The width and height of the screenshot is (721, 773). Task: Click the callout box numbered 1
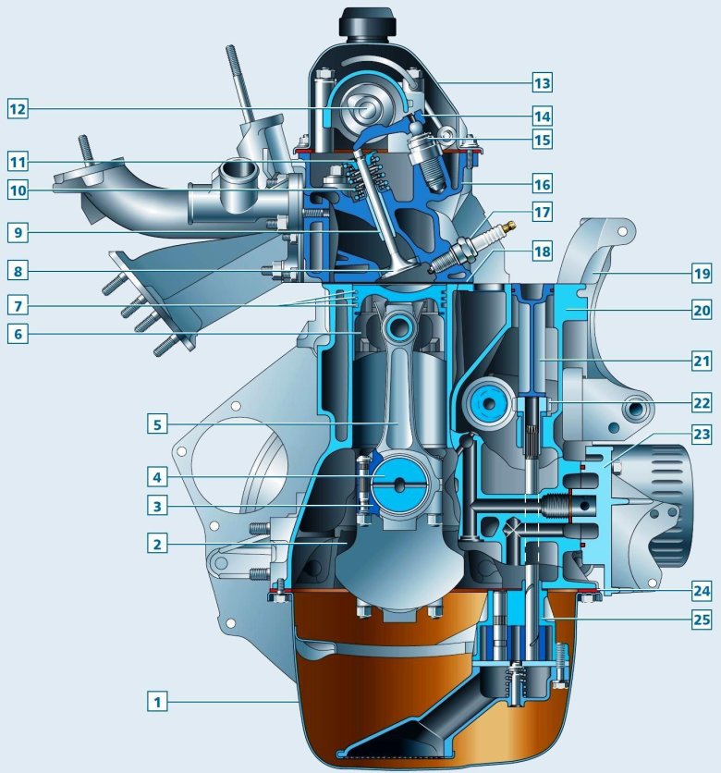(x=158, y=701)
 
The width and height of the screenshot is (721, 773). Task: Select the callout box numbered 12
(x=18, y=108)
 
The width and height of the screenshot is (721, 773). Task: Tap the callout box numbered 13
(x=542, y=82)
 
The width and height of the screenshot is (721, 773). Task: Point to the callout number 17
(x=542, y=213)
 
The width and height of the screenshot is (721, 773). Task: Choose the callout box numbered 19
(x=702, y=273)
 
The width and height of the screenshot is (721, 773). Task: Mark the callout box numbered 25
(x=702, y=620)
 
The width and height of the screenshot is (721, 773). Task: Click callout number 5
(x=158, y=424)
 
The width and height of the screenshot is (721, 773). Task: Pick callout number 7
(x=18, y=306)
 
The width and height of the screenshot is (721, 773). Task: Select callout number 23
(x=702, y=435)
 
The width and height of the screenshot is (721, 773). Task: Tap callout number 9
(x=18, y=232)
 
